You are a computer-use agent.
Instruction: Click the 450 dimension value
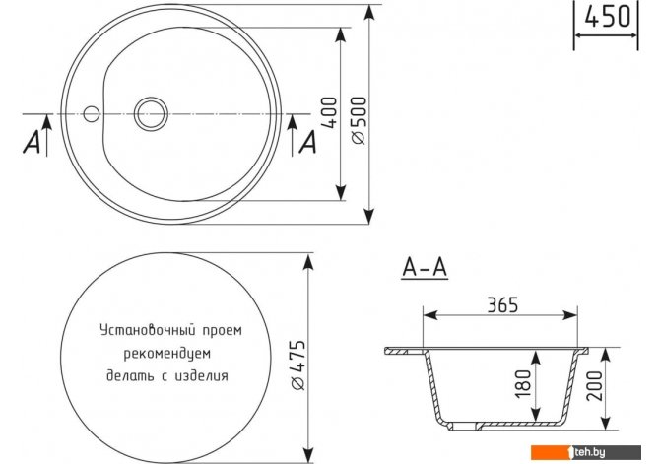coord(608,16)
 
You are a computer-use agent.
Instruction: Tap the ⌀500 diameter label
coord(359,120)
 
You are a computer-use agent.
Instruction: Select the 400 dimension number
coord(330,112)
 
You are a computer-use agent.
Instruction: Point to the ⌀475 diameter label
coord(298,365)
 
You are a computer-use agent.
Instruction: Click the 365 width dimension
coord(502,304)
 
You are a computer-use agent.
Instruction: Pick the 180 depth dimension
coord(523,383)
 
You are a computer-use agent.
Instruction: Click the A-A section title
coord(425,267)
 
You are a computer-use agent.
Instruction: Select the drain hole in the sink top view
coord(151,113)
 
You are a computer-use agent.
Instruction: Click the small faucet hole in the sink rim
coord(91,113)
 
